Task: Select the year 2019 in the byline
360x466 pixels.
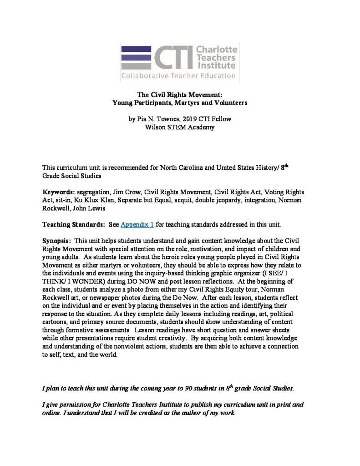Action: (x=191, y=119)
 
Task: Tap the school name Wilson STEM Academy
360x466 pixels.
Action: (x=180, y=127)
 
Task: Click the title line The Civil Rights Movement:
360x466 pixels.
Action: (x=180, y=95)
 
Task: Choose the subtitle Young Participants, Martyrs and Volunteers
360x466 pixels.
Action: (x=180, y=103)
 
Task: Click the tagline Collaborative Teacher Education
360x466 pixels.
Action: (x=178, y=76)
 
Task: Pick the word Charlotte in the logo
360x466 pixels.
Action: (x=216, y=50)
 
